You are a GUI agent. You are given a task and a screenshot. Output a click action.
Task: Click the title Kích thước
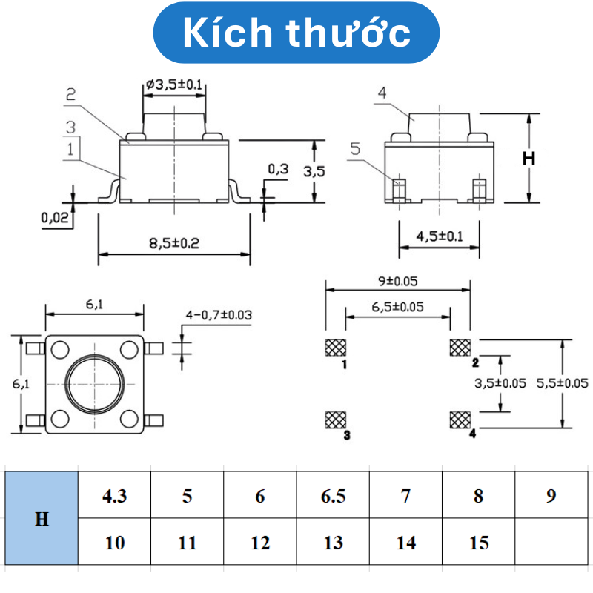click(x=296, y=33)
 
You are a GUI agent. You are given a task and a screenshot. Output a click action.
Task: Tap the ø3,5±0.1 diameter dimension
click(x=175, y=86)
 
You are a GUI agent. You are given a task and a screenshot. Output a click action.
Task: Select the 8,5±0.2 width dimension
click(x=174, y=243)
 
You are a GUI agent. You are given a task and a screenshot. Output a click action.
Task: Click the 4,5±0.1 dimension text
click(x=439, y=237)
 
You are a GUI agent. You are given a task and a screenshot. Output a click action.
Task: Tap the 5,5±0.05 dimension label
click(x=561, y=383)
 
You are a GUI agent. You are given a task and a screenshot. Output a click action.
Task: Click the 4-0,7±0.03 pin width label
click(x=219, y=315)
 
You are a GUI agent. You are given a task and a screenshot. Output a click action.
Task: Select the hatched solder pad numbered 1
click(x=335, y=348)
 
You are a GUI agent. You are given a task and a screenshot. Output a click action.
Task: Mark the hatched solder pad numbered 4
click(x=460, y=420)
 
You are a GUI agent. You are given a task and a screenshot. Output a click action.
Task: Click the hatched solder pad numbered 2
click(x=460, y=348)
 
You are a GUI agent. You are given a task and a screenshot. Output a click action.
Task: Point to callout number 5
click(x=354, y=149)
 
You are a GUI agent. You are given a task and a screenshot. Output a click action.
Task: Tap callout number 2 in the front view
click(x=71, y=95)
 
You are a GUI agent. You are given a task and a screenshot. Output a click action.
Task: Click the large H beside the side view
click(x=529, y=159)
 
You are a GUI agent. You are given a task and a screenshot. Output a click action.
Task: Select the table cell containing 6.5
click(x=334, y=496)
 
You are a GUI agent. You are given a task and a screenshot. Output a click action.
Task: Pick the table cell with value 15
click(x=479, y=543)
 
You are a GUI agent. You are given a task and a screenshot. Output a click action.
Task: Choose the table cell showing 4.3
click(x=115, y=496)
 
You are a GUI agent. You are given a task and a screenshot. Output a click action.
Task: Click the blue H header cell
click(x=42, y=519)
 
